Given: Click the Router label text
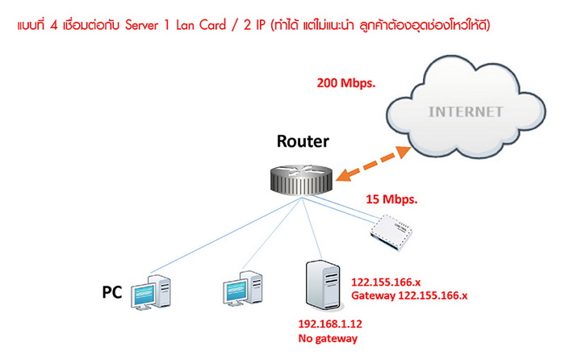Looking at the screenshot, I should tap(303, 142).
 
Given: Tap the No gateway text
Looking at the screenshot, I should tap(329, 340).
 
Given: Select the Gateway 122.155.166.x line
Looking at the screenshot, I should tap(410, 296).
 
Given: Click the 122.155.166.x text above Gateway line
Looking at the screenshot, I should tap(387, 283).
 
